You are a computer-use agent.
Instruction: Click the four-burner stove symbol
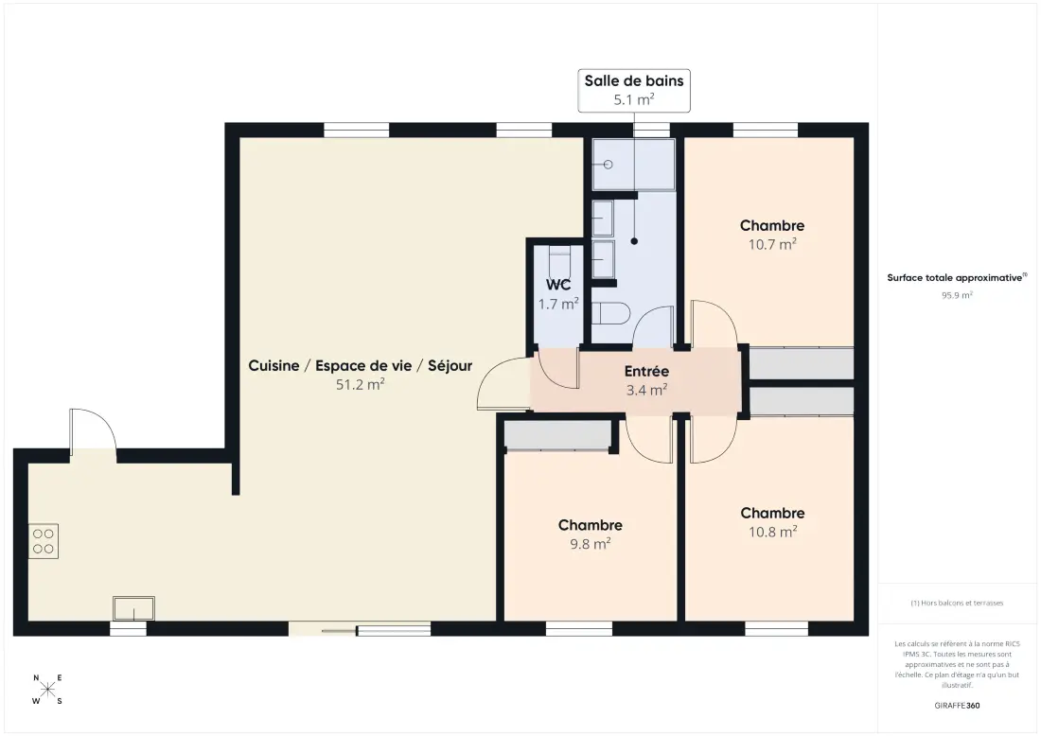[x=44, y=541]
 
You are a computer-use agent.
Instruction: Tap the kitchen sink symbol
[x=133, y=608]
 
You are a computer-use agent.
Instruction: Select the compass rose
[x=48, y=690]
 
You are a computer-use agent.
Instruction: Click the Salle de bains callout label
[x=634, y=90]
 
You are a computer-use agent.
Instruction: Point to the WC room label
[x=558, y=285]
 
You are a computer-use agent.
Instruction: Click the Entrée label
[x=646, y=372]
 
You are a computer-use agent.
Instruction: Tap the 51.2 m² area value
[x=361, y=384]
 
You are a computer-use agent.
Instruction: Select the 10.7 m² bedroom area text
[x=772, y=244]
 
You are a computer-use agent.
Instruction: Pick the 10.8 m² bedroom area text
[x=773, y=532]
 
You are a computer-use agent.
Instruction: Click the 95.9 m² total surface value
[x=957, y=295]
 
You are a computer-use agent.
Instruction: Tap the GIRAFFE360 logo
[x=957, y=706]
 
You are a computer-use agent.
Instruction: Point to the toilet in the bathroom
[x=610, y=313]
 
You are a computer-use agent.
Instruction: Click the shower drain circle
[x=608, y=165]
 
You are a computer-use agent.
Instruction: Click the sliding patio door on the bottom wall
[x=360, y=629]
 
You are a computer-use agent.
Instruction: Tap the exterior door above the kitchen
[x=93, y=431]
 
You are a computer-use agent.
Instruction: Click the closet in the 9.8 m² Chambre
[x=557, y=435]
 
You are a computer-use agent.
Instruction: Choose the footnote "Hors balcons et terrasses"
[x=957, y=604]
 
